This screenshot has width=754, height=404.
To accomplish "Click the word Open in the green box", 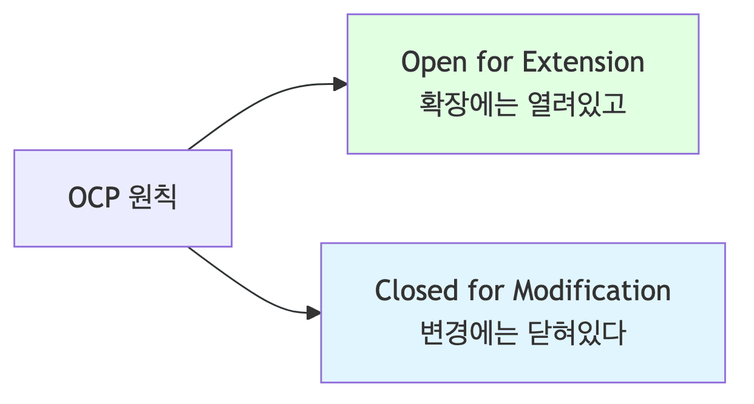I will (427, 62).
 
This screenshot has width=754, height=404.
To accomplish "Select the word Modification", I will (592, 291).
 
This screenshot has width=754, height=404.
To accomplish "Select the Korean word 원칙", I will (153, 198).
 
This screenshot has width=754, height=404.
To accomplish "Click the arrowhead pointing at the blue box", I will (313, 313).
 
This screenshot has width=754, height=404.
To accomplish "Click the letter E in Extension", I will (530, 62).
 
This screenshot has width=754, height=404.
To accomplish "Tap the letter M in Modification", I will (524, 291).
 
